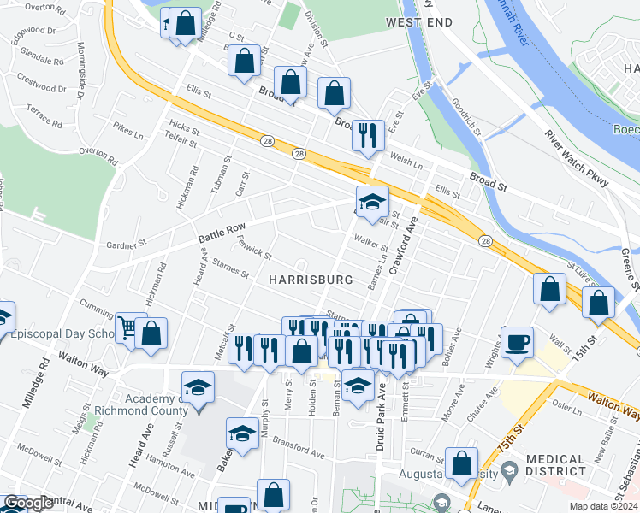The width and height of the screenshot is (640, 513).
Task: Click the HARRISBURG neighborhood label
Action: click(x=311, y=280)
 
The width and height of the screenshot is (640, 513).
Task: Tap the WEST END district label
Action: click(x=418, y=22)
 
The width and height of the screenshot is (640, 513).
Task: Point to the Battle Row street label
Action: click(x=216, y=227)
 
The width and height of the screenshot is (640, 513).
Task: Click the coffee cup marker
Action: click(x=517, y=342)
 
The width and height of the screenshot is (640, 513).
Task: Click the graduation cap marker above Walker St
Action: click(x=372, y=203)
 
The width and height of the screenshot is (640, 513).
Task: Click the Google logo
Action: click(x=27, y=504)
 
